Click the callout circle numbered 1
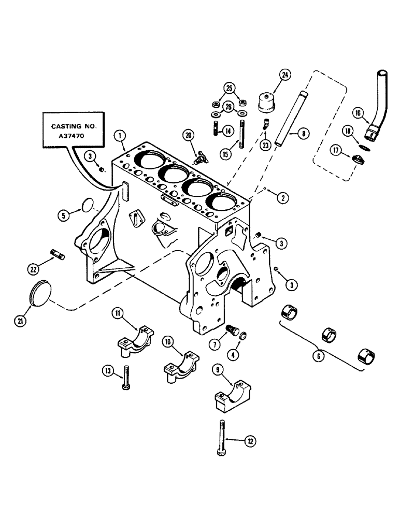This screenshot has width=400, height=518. point(120,137)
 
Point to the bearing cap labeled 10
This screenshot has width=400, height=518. point(179,366)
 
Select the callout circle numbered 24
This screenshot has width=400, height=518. point(284,76)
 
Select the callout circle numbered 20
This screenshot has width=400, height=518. point(189,135)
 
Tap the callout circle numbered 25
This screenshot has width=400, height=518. point(229,87)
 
